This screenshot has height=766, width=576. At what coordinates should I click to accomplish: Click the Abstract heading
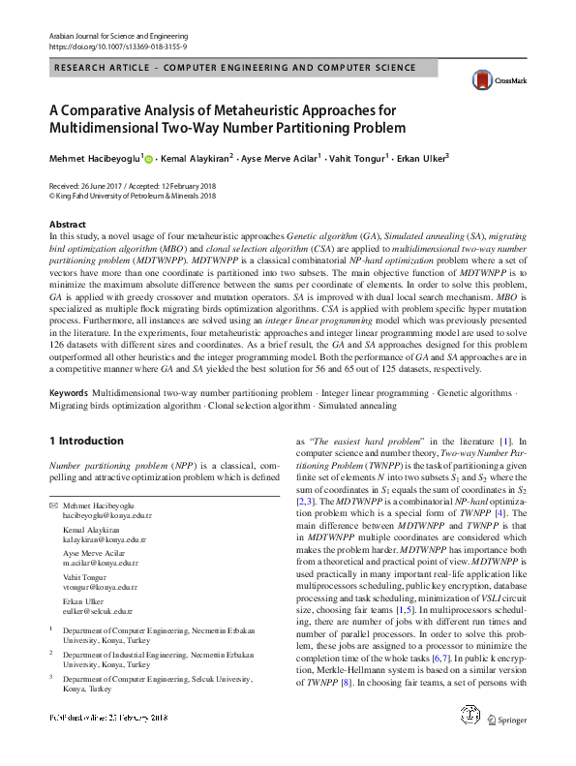(67, 225)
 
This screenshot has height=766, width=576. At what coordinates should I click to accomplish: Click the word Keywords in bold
(68, 393)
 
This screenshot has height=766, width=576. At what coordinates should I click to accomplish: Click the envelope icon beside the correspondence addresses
(54, 506)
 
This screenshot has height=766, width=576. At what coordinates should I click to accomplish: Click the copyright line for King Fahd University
(133, 195)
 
